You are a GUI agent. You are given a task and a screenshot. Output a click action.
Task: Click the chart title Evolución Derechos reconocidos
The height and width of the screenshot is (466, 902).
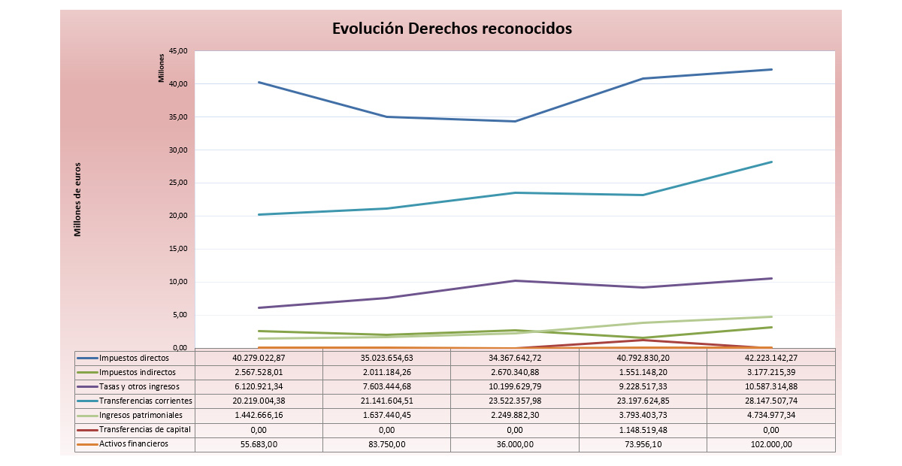452,29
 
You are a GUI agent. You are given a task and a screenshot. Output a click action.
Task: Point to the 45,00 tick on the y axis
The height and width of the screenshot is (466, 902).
177,51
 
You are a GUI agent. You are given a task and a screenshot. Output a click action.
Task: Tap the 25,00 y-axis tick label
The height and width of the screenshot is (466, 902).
177,183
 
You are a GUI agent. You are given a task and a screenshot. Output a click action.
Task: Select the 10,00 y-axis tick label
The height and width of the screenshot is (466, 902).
177,283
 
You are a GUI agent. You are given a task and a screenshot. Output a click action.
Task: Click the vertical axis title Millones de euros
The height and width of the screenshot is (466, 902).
77,199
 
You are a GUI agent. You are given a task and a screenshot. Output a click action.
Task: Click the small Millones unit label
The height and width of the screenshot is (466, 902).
161,68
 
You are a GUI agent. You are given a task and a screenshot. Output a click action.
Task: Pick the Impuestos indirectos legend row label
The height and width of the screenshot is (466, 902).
138,372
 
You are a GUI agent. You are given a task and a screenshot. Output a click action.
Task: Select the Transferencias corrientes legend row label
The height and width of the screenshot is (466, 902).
146,401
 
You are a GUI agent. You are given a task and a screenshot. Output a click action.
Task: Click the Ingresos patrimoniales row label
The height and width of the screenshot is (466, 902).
141,415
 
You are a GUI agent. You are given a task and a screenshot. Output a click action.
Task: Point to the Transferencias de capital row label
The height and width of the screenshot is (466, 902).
145,429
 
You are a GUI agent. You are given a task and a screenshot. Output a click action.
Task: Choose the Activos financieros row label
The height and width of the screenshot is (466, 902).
134,443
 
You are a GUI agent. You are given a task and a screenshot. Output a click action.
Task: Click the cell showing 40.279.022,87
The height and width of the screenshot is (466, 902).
259,358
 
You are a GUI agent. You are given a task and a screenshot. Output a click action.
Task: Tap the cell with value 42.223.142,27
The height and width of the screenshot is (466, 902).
771,358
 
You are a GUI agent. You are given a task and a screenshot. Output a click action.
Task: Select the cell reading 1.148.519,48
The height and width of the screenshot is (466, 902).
643,430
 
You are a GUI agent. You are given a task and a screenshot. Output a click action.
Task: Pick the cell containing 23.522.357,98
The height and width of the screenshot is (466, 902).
515,401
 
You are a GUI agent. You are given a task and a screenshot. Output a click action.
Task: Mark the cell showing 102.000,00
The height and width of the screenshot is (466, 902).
771,444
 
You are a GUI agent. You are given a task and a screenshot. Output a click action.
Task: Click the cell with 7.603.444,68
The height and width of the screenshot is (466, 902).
386,386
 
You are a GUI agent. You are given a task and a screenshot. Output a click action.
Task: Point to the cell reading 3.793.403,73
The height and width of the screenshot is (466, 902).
643,416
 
